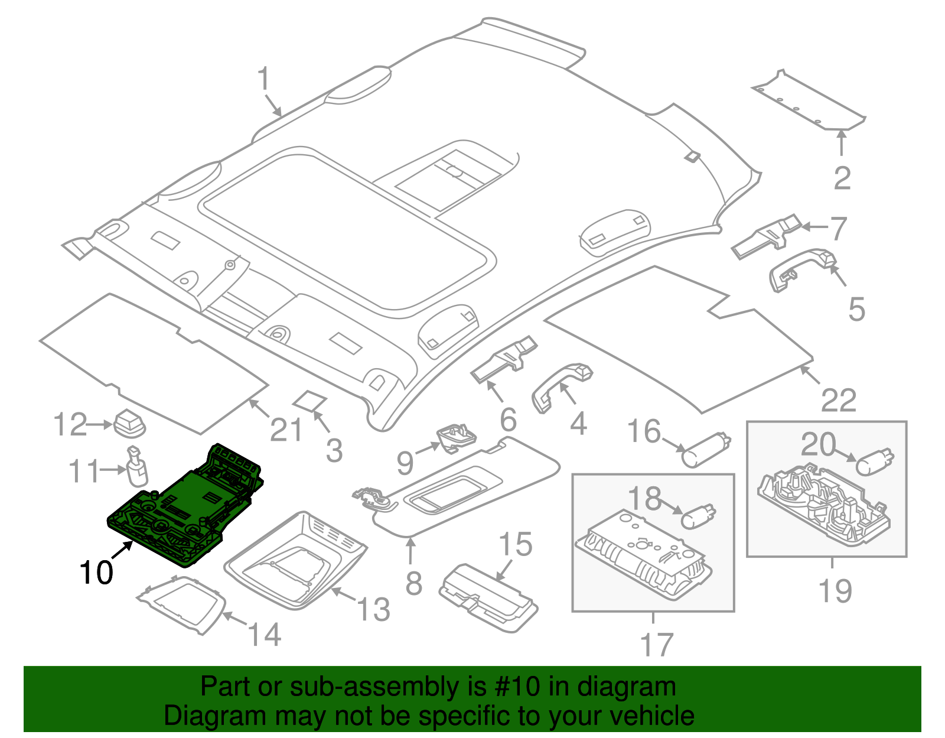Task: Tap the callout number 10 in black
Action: click(x=96, y=573)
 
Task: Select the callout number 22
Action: click(x=838, y=401)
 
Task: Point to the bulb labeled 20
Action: click(x=875, y=461)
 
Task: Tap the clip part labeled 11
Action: click(x=137, y=465)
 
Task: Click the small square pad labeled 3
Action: click(x=311, y=401)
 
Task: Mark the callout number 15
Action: click(x=516, y=545)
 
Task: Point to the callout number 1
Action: click(x=263, y=80)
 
